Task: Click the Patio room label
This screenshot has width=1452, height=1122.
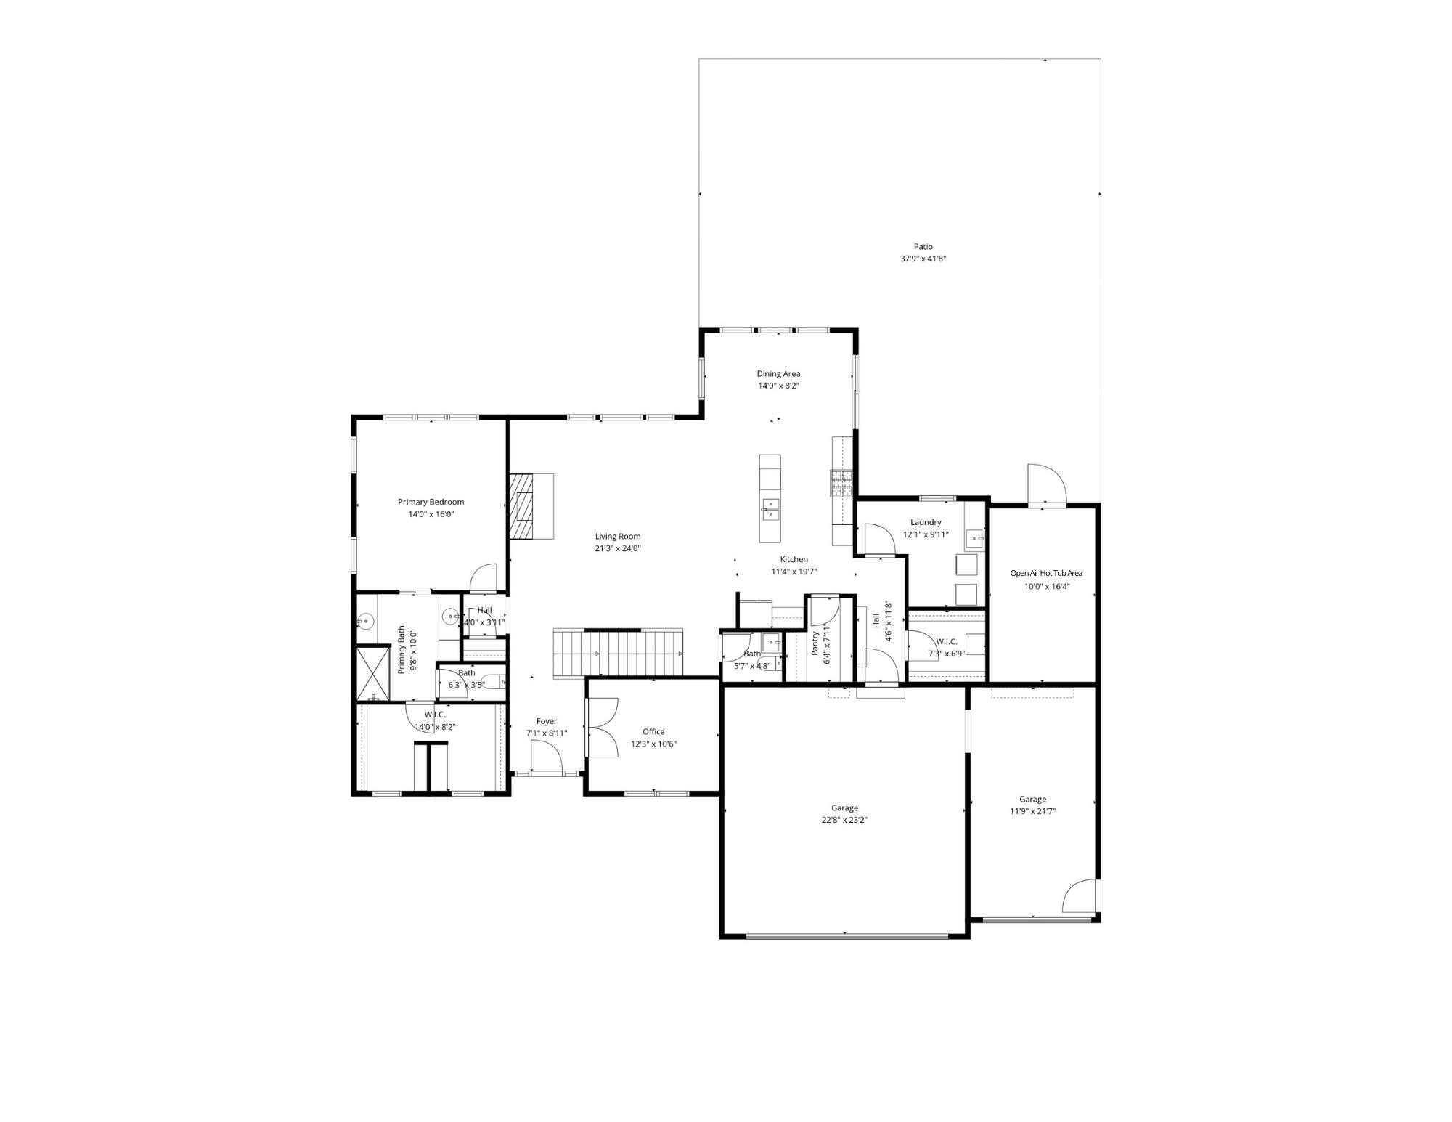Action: tap(923, 247)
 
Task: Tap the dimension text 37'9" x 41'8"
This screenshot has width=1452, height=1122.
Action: tap(923, 259)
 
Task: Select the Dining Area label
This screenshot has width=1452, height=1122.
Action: tap(778, 374)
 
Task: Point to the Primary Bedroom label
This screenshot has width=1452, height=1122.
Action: tap(431, 502)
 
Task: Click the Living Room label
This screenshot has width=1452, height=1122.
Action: tap(618, 537)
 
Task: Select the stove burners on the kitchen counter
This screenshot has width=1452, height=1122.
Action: tap(841, 483)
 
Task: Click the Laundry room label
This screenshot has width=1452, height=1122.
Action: tap(926, 522)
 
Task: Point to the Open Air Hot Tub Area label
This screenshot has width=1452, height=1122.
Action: tap(1046, 573)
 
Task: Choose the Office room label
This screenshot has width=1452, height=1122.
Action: tap(653, 732)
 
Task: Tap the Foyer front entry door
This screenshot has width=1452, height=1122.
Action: tap(547, 760)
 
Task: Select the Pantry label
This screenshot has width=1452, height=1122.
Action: tap(815, 643)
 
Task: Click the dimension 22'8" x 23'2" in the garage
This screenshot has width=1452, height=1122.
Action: tap(844, 820)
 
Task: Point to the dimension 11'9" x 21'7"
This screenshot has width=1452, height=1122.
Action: tap(1032, 811)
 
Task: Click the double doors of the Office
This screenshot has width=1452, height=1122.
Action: tap(602, 728)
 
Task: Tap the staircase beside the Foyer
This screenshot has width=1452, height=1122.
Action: tap(618, 654)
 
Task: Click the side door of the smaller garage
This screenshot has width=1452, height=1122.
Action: tap(1081, 898)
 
